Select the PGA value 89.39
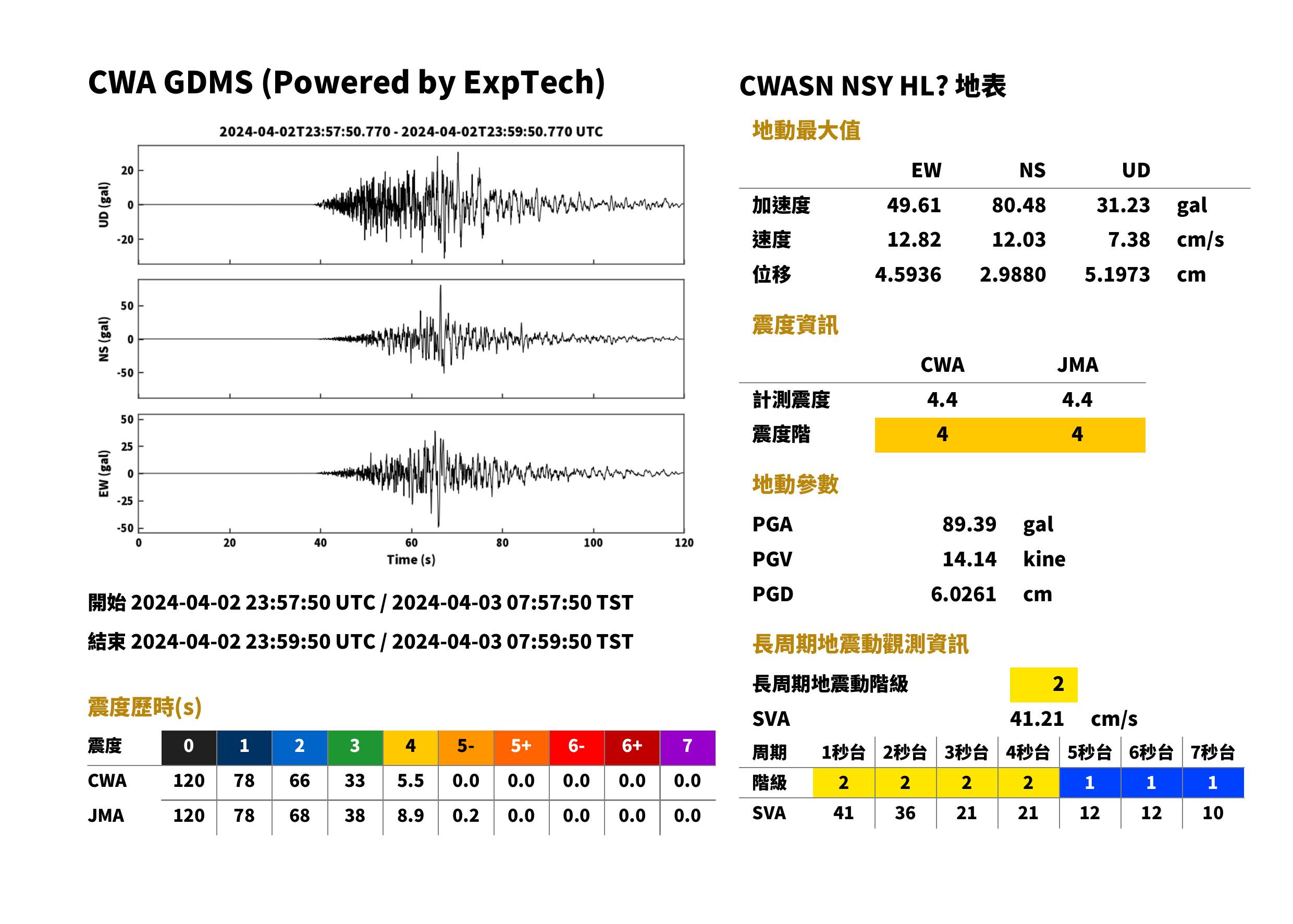[969, 524]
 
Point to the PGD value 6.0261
[963, 594]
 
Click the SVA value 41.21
[1037, 719]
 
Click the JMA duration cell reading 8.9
[410, 816]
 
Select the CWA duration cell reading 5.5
[410, 781]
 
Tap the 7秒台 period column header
[1212, 752]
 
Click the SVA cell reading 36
[905, 812]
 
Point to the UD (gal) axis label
[104, 205]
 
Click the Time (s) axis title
[411, 560]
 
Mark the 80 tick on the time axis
[501, 543]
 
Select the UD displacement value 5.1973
[1117, 274]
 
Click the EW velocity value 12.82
[914, 239]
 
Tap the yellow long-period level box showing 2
[1043, 685]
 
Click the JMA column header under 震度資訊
[1078, 364]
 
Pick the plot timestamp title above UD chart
[411, 131]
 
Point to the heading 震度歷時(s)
[145, 707]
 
